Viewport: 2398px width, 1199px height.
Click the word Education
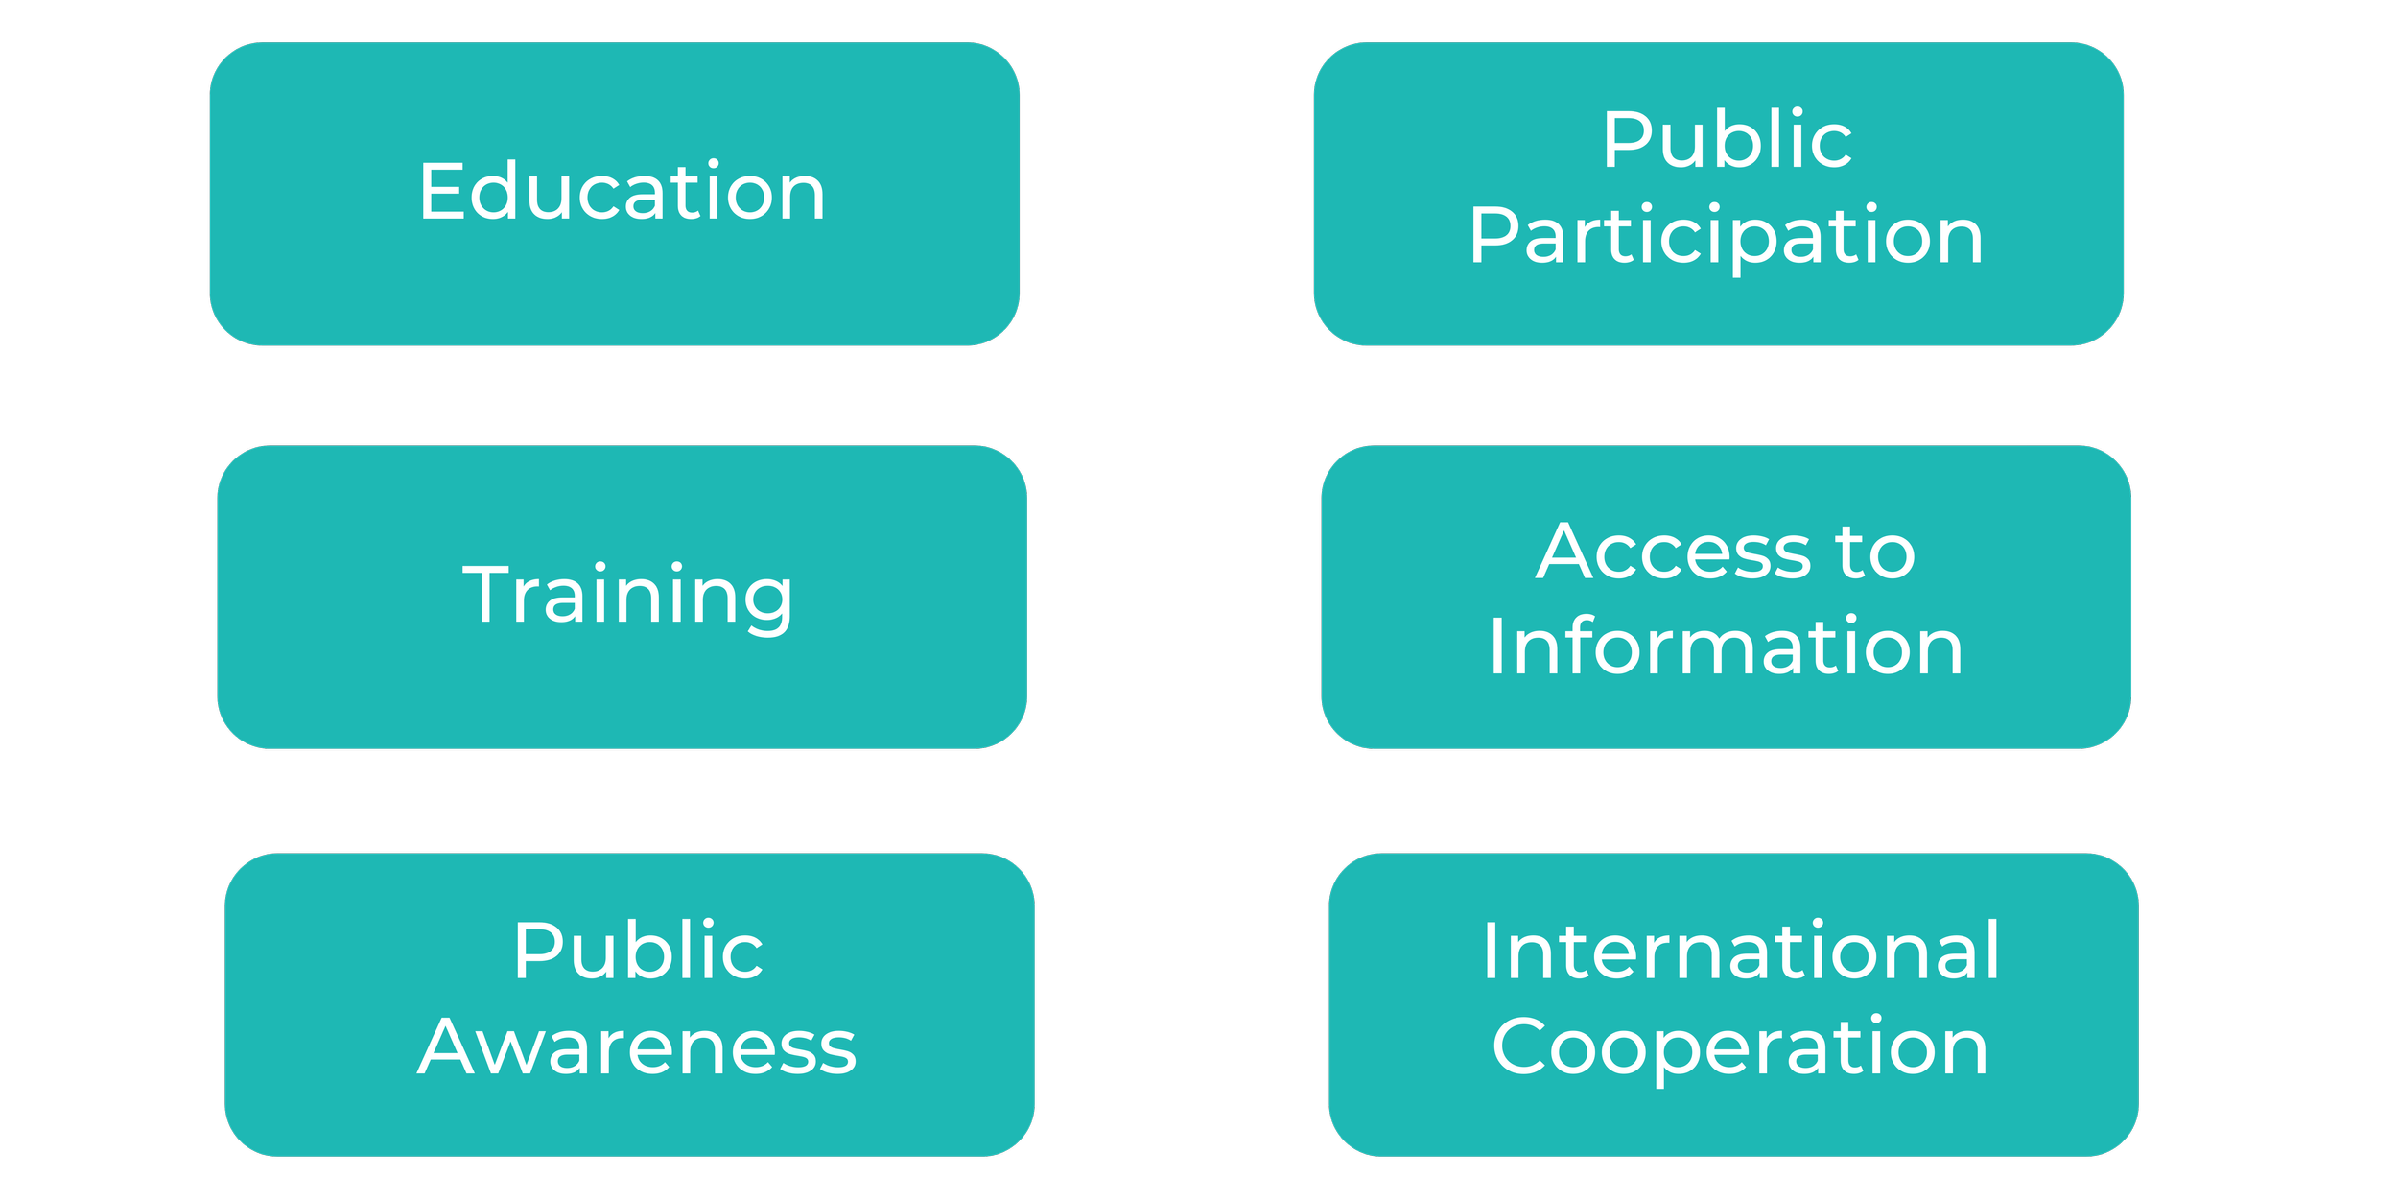point(622,192)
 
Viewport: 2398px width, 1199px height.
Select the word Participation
point(1726,236)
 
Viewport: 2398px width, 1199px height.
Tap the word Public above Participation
point(1727,140)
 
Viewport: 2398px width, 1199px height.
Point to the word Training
point(628,596)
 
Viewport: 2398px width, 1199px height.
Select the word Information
point(1726,647)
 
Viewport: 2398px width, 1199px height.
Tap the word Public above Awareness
point(638,951)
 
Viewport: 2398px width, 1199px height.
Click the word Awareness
point(637,1046)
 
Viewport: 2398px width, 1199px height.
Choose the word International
point(1741,951)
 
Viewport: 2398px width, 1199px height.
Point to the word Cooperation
point(1740,1048)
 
